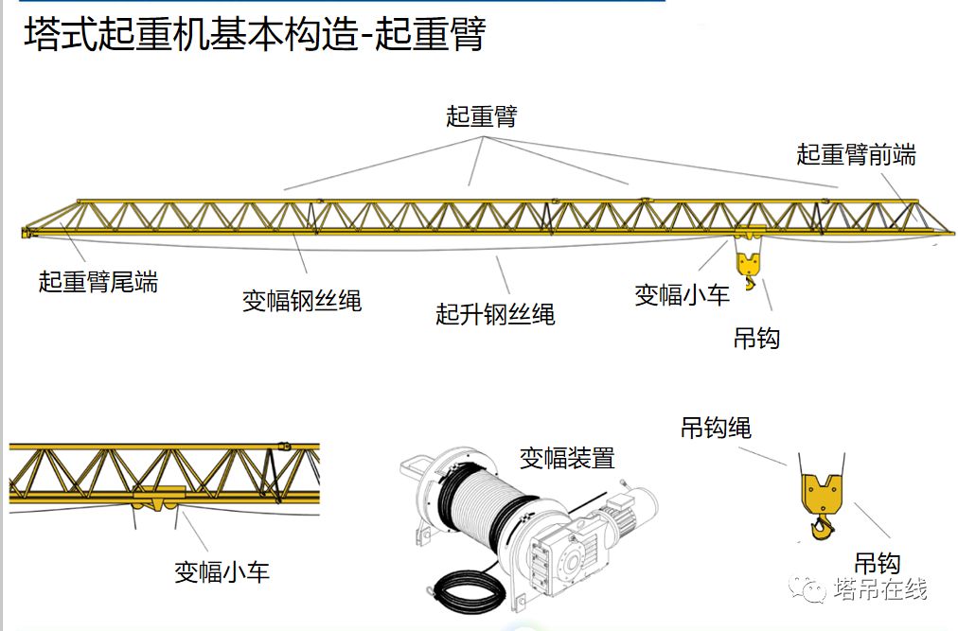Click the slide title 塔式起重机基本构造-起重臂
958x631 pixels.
[x=254, y=36]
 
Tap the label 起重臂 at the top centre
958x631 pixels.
[x=482, y=116]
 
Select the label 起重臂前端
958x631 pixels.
[x=856, y=154]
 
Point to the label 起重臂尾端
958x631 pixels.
[x=98, y=281]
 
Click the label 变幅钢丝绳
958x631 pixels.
[x=302, y=301]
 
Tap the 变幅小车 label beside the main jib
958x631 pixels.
[x=682, y=295]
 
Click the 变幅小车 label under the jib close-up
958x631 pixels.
[x=222, y=571]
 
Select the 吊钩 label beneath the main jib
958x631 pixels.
[x=756, y=338]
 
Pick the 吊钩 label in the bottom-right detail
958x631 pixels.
[x=877, y=564]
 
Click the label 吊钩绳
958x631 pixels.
[x=716, y=428]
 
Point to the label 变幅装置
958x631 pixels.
[x=567, y=458]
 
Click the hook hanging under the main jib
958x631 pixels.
[x=748, y=268]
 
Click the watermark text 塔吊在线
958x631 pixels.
[x=879, y=589]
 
